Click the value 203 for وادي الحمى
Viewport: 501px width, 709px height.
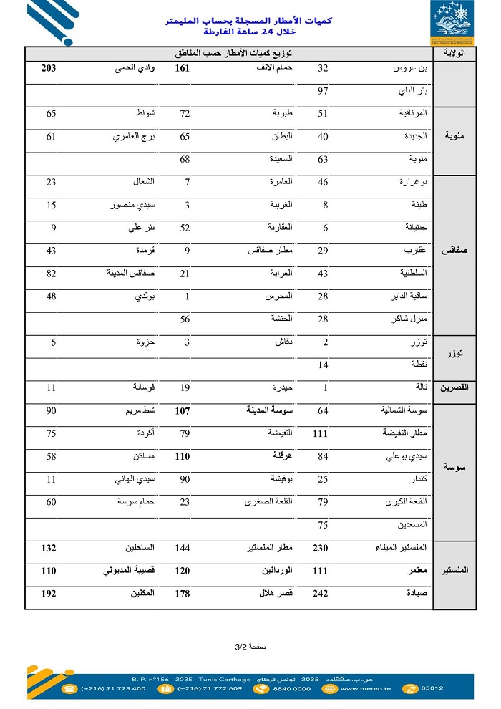click(x=49, y=69)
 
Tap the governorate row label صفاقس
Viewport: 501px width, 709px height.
click(x=455, y=252)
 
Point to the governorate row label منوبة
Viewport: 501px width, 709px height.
click(x=455, y=135)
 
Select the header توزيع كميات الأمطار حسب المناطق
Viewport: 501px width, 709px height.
click(x=228, y=54)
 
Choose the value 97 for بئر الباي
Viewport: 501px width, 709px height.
click(x=323, y=92)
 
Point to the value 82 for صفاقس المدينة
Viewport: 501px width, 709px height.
click(x=52, y=274)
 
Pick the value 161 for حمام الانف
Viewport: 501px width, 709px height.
click(x=182, y=69)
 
